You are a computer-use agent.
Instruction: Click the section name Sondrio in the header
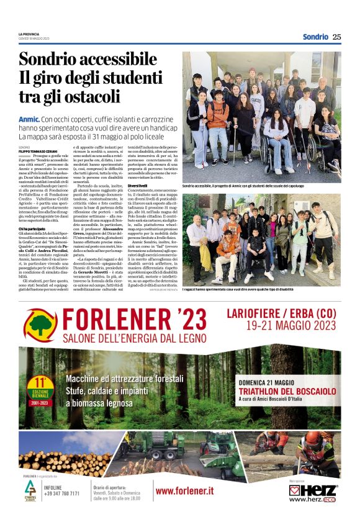(315, 37)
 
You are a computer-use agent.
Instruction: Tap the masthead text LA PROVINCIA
(30, 34)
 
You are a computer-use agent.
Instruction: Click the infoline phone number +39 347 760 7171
(62, 493)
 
